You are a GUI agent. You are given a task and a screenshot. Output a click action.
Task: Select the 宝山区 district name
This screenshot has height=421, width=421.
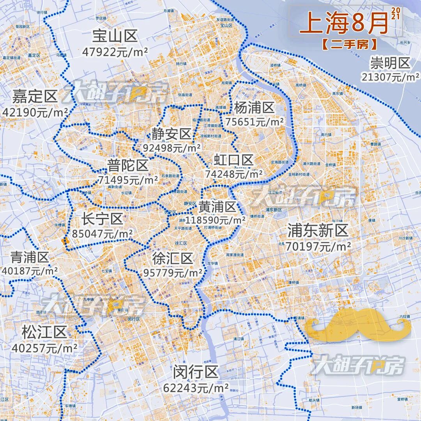point(115,37)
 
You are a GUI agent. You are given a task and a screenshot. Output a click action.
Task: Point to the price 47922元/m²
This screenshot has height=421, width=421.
point(115,52)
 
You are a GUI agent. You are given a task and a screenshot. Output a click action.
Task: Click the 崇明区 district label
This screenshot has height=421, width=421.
point(390,63)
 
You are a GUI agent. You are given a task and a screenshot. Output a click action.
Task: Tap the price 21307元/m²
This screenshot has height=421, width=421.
point(390,77)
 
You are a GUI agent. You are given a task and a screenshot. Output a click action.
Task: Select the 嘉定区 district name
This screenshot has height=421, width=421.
point(35,97)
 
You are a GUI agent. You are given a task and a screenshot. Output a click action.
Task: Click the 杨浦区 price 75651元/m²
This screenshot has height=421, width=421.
point(254,122)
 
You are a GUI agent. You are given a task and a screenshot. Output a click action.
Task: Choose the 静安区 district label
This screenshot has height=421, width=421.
point(172,134)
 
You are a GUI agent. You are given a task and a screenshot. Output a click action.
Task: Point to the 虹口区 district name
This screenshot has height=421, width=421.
point(233,160)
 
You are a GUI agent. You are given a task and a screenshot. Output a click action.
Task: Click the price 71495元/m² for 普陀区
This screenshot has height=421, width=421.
point(127,180)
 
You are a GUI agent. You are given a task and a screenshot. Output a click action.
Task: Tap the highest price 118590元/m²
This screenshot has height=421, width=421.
point(215,220)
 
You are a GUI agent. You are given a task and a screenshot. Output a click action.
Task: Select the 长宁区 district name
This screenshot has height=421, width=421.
point(102,219)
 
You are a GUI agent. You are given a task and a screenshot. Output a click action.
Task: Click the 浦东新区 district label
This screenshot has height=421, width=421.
point(317,230)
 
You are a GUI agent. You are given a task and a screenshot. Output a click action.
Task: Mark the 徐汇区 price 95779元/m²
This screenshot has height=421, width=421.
point(173,272)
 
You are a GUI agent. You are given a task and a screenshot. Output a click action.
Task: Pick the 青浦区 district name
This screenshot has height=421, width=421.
point(30,257)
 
